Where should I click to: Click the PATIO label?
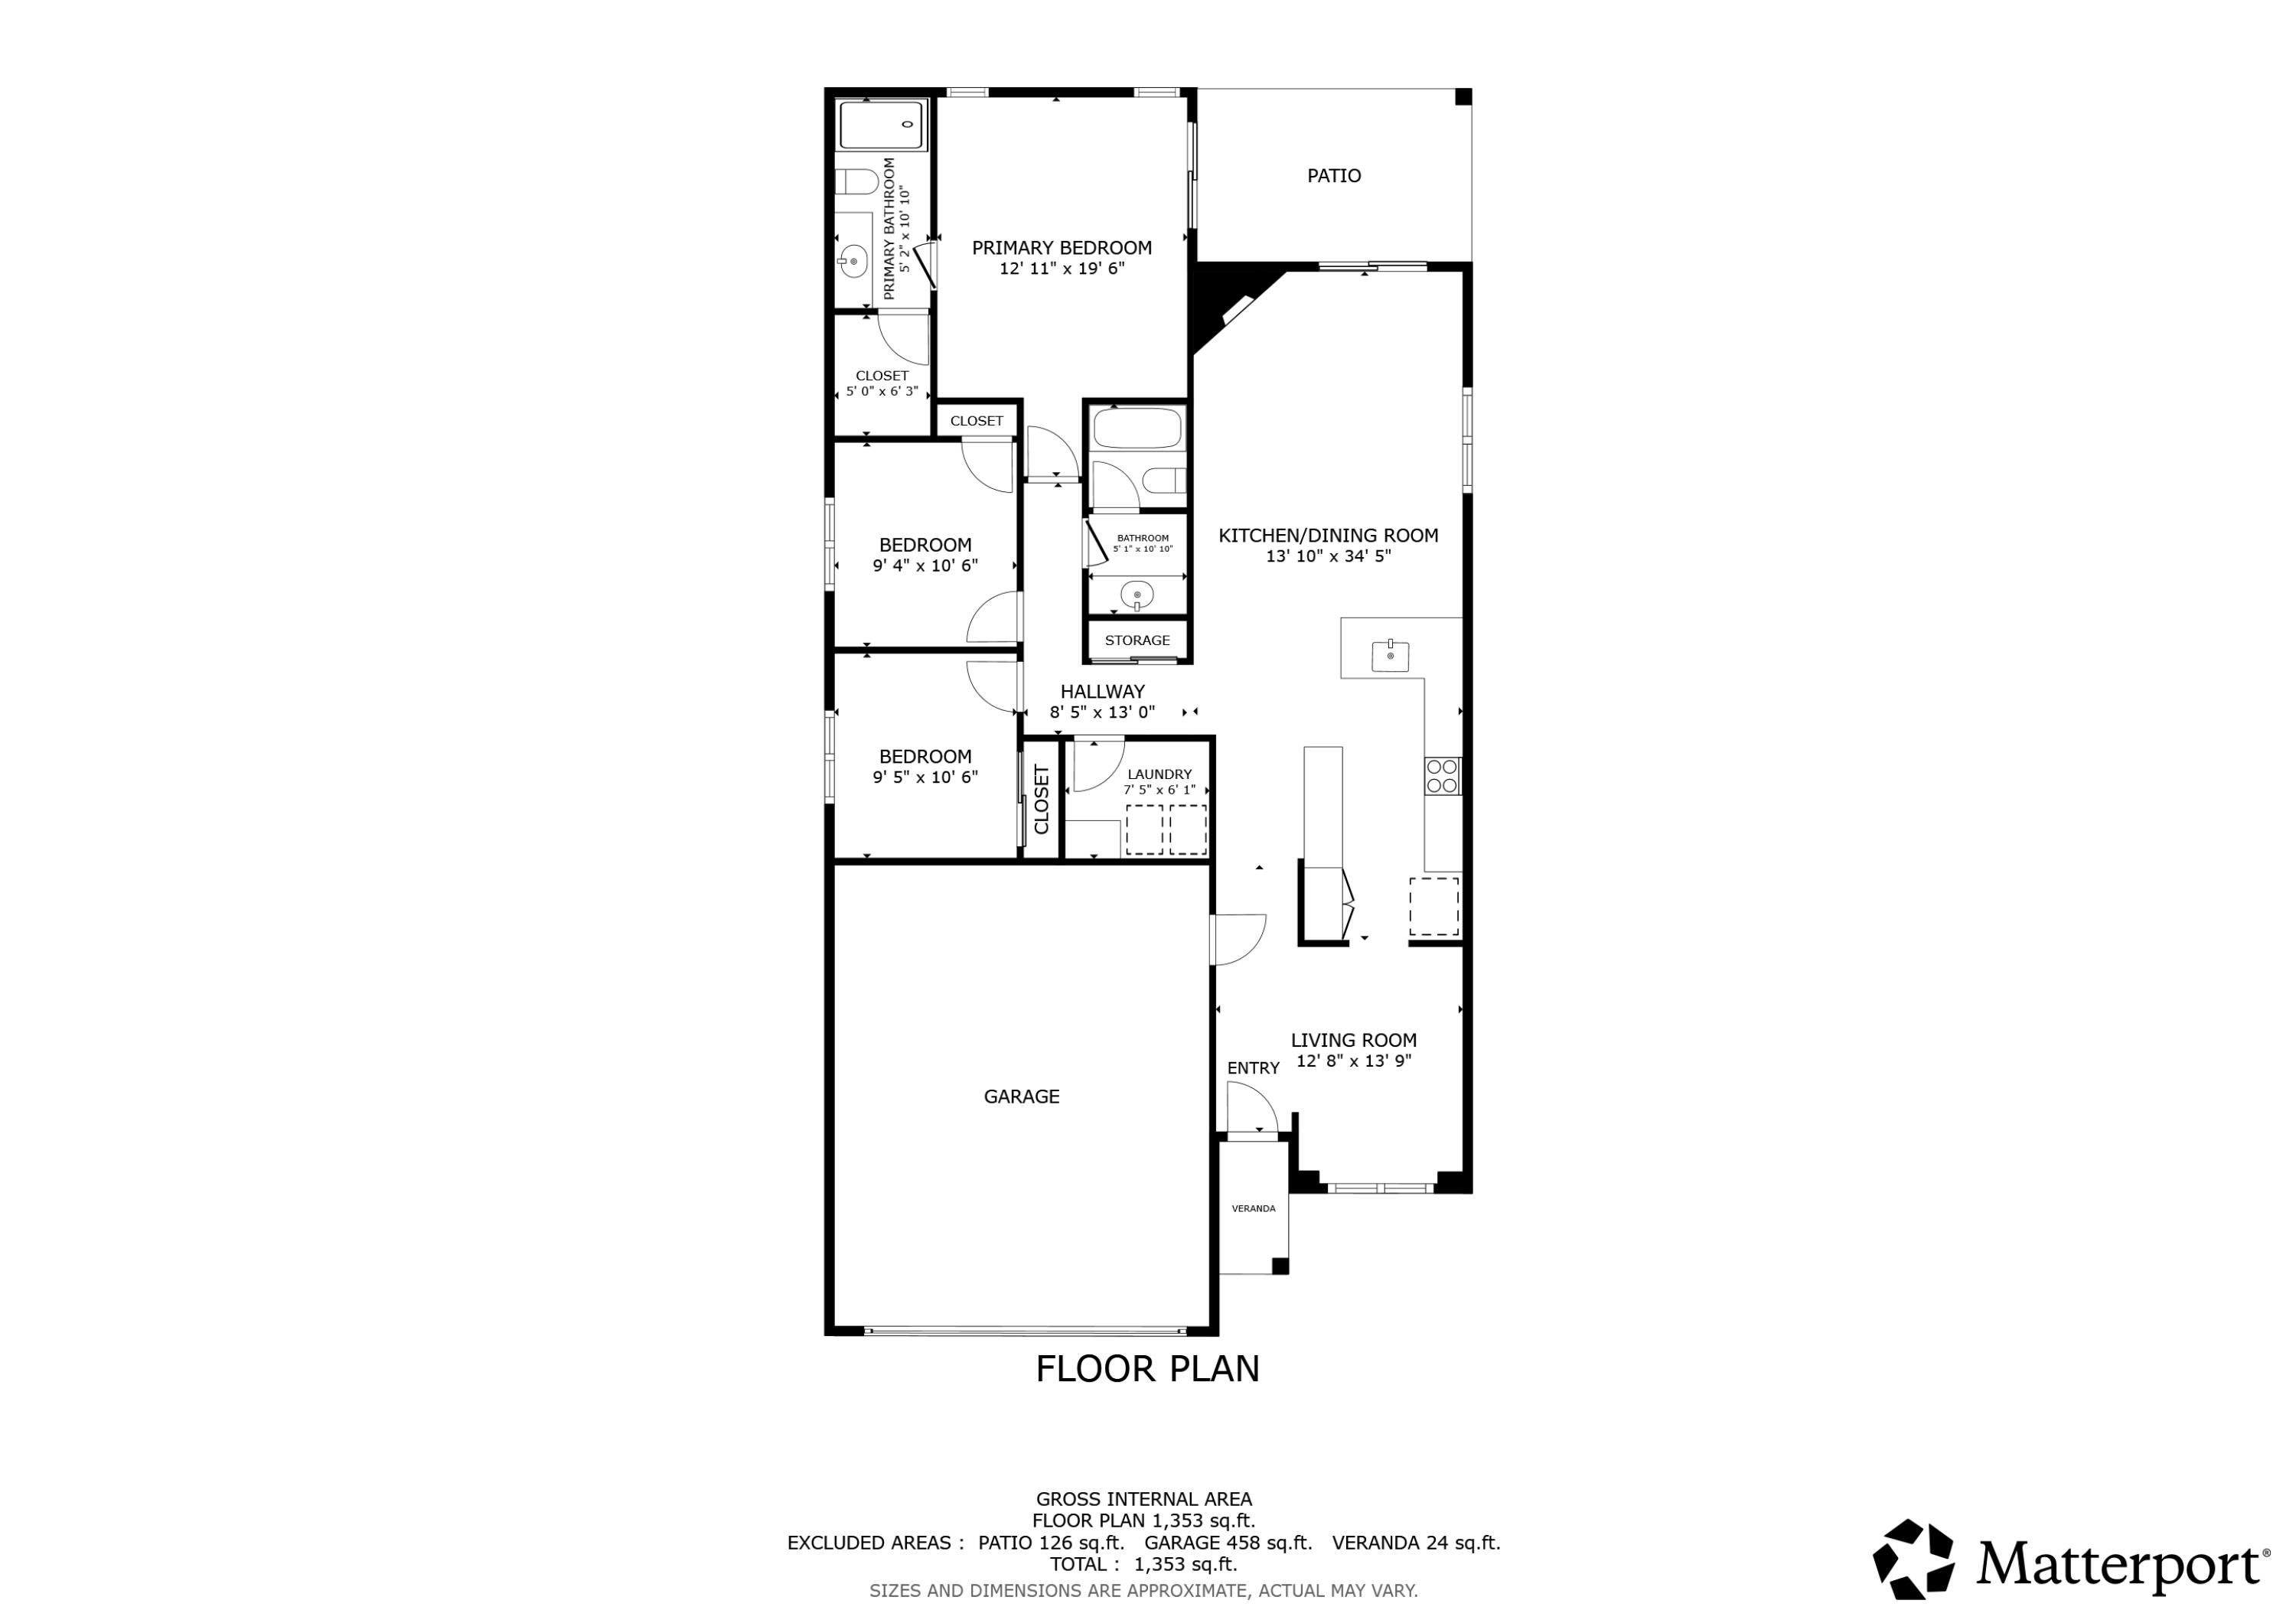pyautogui.click(x=1333, y=176)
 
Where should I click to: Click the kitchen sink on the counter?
pyautogui.click(x=1390, y=656)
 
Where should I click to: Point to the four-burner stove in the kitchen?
pyautogui.click(x=1442, y=776)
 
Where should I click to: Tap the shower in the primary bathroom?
pyautogui.click(x=881, y=125)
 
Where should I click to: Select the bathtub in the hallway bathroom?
pyautogui.click(x=1137, y=428)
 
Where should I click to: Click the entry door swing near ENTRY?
pyautogui.click(x=1250, y=1107)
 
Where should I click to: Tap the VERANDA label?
pyautogui.click(x=1253, y=1209)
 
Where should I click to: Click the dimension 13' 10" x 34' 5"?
pyautogui.click(x=1328, y=557)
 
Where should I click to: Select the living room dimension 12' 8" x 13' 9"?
pyautogui.click(x=1353, y=1062)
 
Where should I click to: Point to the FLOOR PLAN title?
pyautogui.click(x=1147, y=1369)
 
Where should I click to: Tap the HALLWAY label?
pyautogui.click(x=1102, y=692)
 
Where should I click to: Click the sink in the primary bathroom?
pyautogui.click(x=853, y=262)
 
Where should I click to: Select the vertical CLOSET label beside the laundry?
pyautogui.click(x=1041, y=800)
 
